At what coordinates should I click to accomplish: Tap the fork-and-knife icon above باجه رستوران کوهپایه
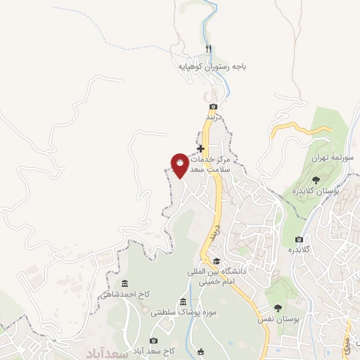click(x=208, y=49)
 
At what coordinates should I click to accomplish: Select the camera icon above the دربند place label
click(x=212, y=105)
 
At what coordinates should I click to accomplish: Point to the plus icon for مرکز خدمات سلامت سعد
click(x=201, y=148)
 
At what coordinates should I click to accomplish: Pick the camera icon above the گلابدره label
click(x=300, y=240)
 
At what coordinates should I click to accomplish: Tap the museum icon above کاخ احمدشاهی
click(x=124, y=283)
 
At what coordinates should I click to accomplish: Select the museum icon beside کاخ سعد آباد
click(x=201, y=352)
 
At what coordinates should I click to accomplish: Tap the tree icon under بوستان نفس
click(x=278, y=307)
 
